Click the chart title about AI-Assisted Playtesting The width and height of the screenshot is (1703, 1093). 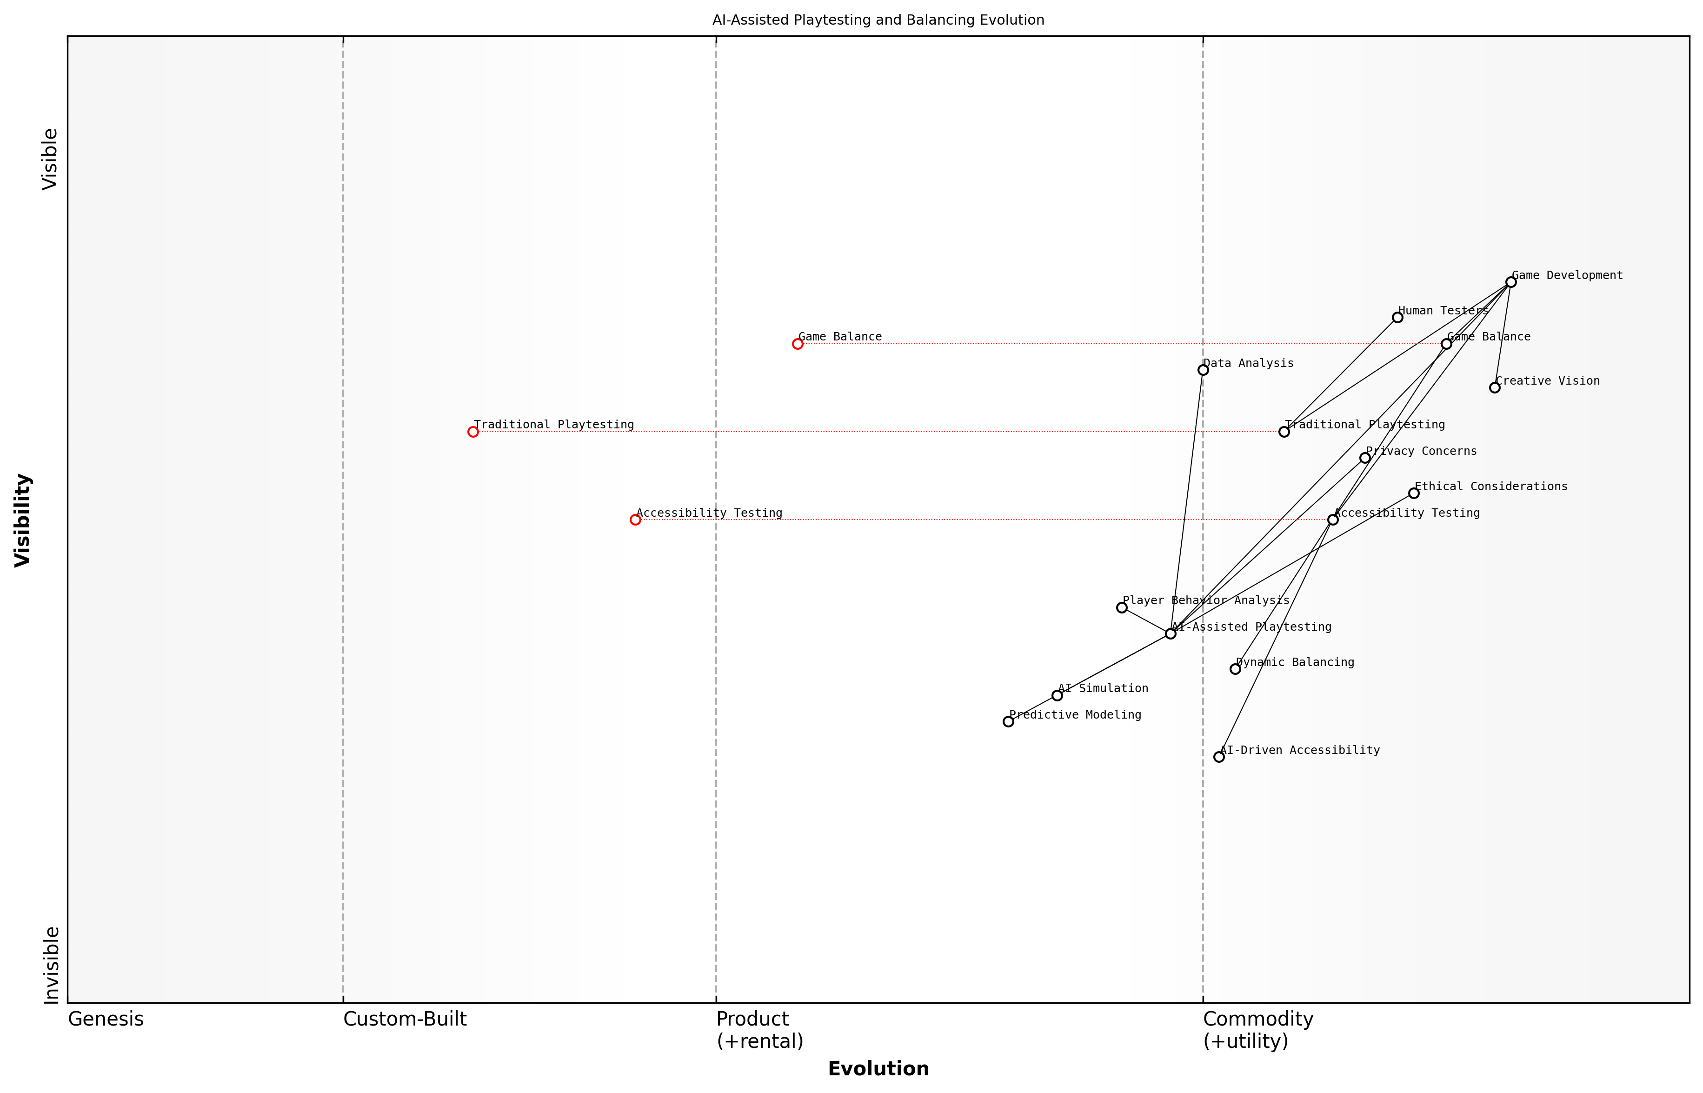tap(878, 20)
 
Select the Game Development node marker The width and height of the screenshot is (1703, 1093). tap(1510, 282)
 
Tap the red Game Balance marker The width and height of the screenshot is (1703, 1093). tap(798, 344)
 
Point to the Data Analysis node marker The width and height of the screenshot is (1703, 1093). tap(1203, 370)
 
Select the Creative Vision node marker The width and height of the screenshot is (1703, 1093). tap(1494, 387)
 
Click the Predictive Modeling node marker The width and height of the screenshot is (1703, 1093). tap(1008, 721)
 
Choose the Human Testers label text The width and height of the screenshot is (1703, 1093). tap(1443, 311)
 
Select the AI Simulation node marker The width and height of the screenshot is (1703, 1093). tap(1057, 695)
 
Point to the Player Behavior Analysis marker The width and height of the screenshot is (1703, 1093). tap(1122, 607)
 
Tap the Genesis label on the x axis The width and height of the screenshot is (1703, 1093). tap(106, 1019)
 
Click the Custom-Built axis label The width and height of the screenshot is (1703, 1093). tap(405, 1019)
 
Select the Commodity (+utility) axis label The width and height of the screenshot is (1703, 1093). tap(1257, 1030)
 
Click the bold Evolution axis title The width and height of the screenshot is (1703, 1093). tap(878, 1068)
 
